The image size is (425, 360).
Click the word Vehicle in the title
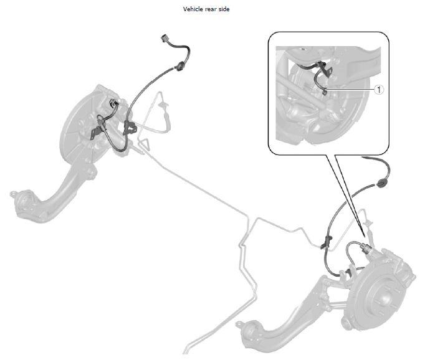coord(193,9)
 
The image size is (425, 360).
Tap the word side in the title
coord(224,9)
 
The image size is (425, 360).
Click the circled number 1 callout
coord(379,90)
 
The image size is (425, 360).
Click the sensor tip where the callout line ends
coord(325,92)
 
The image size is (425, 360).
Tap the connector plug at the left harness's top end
coord(165,39)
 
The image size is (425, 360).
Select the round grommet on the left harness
coord(179,66)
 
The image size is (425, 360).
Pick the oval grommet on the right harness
coord(381,184)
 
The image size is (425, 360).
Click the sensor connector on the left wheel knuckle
coord(113,103)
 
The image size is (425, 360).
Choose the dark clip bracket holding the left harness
coord(130,127)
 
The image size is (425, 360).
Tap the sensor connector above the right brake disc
coord(365,248)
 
